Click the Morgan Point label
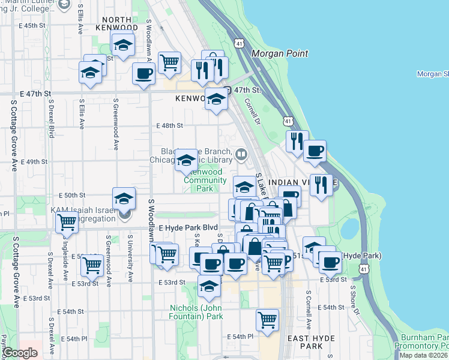pyautogui.click(x=280, y=53)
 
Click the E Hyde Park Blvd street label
pyautogui.click(x=187, y=229)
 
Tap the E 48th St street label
pyautogui.click(x=169, y=126)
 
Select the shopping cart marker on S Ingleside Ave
pyautogui.click(x=67, y=222)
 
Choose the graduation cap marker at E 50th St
pyautogui.click(x=124, y=198)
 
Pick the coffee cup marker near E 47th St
pyautogui.click(x=143, y=74)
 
